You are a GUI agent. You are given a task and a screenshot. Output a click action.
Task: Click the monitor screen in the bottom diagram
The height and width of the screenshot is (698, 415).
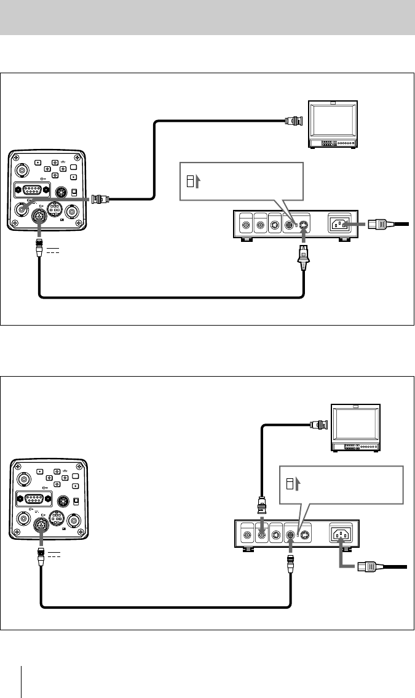(355, 425)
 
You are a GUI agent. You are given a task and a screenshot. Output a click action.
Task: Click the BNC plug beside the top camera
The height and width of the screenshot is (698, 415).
(100, 199)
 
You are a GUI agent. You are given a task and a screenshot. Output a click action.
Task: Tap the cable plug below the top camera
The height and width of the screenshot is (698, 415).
(39, 249)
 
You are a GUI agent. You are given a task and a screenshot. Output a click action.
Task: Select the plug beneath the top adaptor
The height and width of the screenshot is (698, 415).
(302, 257)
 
